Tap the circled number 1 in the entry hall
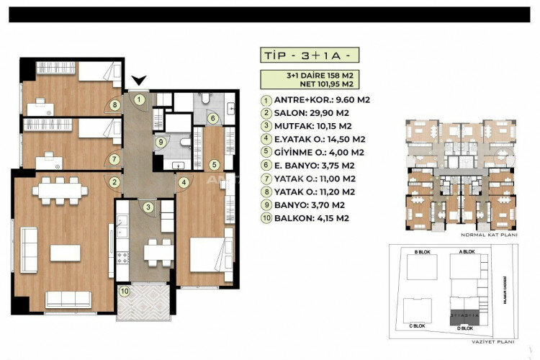tap(140, 99)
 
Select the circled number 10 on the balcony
tap(125, 292)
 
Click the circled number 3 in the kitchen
tap(148, 208)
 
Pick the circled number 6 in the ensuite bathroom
tap(212, 119)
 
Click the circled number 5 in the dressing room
tap(214, 164)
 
